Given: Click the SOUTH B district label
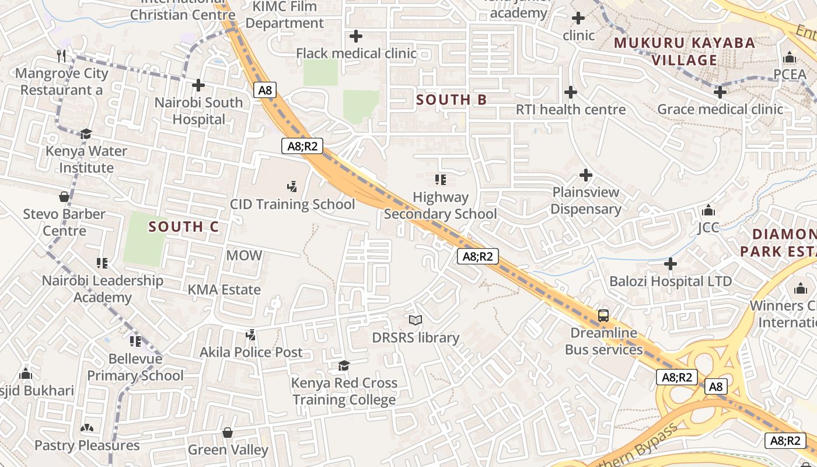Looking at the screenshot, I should pos(451,100).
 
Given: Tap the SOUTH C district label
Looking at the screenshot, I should pos(183,226).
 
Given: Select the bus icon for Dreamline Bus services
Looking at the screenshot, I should pos(603,316).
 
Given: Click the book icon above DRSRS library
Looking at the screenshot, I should pos(416,320).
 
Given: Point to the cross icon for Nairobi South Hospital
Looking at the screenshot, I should pos(198,85).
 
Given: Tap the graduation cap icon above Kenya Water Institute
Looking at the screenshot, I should pos(86,134).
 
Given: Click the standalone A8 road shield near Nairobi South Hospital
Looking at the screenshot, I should pos(265,90).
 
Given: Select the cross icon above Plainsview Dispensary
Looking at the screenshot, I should pos(586,175).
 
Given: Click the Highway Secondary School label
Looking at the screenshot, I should pos(441,205).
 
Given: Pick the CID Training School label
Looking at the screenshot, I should pos(292,204).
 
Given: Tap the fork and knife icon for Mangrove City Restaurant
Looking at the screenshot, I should pos(62,55).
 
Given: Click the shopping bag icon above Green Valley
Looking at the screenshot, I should pos(228,433).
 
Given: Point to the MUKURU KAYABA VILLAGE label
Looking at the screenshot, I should pos(684,51).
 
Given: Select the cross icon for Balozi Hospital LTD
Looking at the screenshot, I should pos(671,264).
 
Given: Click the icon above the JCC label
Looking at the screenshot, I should pos(708,210).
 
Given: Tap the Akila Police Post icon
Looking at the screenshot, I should pos(251,335).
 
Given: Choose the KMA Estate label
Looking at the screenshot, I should pos(224,290).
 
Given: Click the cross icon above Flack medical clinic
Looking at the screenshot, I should pos(356,36).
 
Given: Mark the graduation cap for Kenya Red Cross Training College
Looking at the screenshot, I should pos(344,366).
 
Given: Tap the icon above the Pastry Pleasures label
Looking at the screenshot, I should pos(87,428).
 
